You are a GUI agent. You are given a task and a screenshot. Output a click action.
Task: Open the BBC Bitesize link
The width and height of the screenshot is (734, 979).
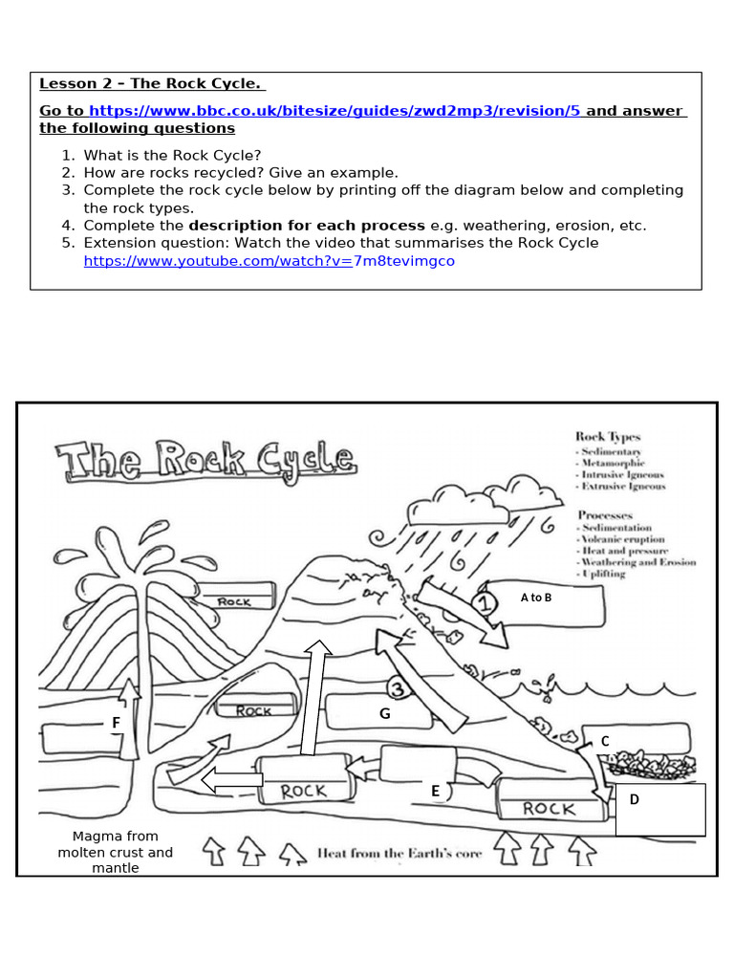click(335, 111)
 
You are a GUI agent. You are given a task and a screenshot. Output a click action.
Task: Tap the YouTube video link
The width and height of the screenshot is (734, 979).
click(270, 261)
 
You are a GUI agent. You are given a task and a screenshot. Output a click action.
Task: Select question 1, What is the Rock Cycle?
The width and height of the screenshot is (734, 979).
click(172, 155)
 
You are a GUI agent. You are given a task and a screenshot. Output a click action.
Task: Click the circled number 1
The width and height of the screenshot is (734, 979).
click(485, 603)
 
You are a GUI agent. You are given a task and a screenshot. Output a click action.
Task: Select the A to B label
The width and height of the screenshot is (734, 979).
click(536, 598)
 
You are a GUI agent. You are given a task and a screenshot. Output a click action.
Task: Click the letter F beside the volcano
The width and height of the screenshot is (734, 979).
click(116, 723)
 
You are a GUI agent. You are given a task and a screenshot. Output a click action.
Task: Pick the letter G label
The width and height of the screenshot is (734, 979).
click(385, 713)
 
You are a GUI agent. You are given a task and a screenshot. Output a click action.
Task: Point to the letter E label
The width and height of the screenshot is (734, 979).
click(435, 791)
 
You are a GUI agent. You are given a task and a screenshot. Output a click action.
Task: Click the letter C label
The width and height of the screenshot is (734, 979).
click(605, 741)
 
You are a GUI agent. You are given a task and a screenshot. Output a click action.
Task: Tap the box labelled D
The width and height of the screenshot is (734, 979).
click(659, 809)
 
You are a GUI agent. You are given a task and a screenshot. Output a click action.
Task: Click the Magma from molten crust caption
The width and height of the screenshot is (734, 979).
click(116, 852)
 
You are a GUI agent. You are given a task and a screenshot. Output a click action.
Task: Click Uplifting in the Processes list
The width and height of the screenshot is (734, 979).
click(603, 574)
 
